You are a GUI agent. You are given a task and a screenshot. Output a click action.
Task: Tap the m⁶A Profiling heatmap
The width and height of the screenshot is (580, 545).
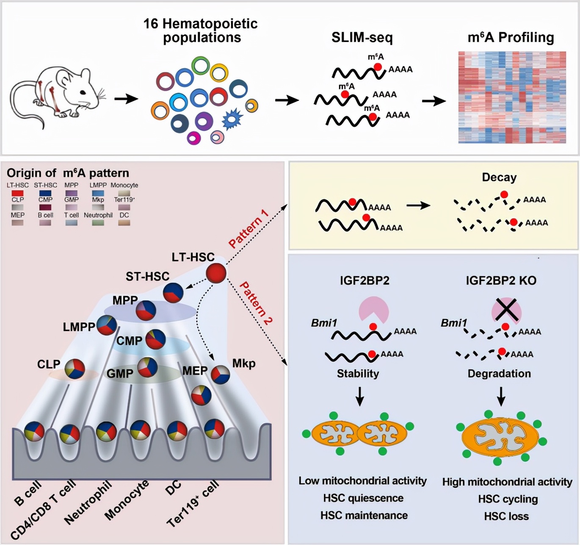click(512, 97)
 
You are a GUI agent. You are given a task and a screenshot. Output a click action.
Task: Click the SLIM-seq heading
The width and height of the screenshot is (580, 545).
click(362, 38)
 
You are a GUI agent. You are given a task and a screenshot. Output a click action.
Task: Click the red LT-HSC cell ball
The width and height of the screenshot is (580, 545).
click(216, 273)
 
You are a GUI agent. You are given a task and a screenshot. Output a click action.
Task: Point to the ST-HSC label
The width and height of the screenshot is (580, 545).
click(147, 277)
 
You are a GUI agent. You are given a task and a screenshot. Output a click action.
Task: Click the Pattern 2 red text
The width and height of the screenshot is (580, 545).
click(256, 303)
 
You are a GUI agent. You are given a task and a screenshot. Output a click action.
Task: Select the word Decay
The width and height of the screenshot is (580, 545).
click(499, 177)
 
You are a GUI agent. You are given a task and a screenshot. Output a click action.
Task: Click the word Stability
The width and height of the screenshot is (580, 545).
click(358, 374)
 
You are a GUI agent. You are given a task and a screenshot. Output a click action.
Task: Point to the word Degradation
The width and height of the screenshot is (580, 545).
click(499, 374)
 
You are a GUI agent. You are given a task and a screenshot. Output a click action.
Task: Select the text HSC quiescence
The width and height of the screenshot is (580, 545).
click(363, 498)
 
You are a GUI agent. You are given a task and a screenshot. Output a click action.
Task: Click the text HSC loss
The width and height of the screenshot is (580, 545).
click(506, 516)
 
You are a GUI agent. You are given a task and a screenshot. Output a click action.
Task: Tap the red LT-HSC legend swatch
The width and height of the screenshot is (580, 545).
click(17, 193)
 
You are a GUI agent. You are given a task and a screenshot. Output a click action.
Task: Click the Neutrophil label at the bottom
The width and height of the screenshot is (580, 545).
click(88, 503)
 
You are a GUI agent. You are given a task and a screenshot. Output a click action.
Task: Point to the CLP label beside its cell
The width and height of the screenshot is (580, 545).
click(49, 364)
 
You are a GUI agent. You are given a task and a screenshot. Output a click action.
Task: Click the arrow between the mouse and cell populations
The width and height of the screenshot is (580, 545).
click(126, 99)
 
